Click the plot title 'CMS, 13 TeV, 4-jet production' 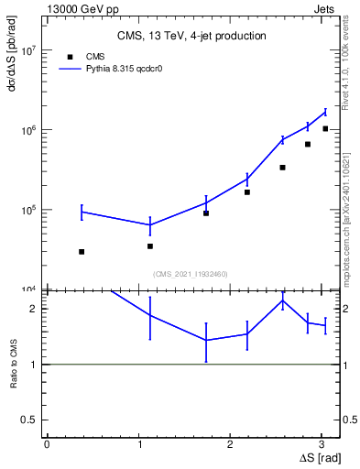(191, 37)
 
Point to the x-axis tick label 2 (235, 443)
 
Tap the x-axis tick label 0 (47, 443)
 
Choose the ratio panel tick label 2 (33, 309)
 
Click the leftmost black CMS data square (82, 252)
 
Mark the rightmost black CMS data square (325, 129)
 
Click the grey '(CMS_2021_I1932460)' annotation (191, 274)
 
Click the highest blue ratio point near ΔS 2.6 (283, 300)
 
